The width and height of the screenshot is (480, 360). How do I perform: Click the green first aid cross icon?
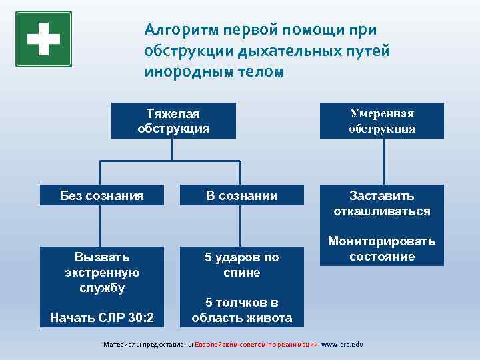[x=43, y=39]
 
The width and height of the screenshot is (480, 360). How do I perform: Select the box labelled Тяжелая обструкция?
[x=173, y=121]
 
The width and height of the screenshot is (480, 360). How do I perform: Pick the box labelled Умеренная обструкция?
[x=381, y=121]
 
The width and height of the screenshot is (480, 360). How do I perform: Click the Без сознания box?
[x=101, y=195]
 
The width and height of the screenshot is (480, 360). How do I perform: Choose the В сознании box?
[x=241, y=195]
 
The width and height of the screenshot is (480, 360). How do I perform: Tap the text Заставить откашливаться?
[x=381, y=203]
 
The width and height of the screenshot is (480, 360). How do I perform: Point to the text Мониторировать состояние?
[x=381, y=249]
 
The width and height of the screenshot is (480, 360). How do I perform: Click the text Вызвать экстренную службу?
[x=101, y=272]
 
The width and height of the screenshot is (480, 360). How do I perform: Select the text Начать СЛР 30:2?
[x=101, y=318]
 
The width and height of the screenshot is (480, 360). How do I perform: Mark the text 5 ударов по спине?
[x=241, y=265]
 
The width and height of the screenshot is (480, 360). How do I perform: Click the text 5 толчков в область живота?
[x=241, y=310]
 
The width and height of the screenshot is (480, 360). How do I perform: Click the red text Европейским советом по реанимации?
[x=256, y=345]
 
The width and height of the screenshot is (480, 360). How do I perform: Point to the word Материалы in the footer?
[x=121, y=345]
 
